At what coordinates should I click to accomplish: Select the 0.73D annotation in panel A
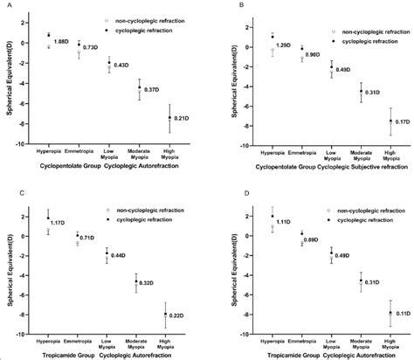[91, 47]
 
